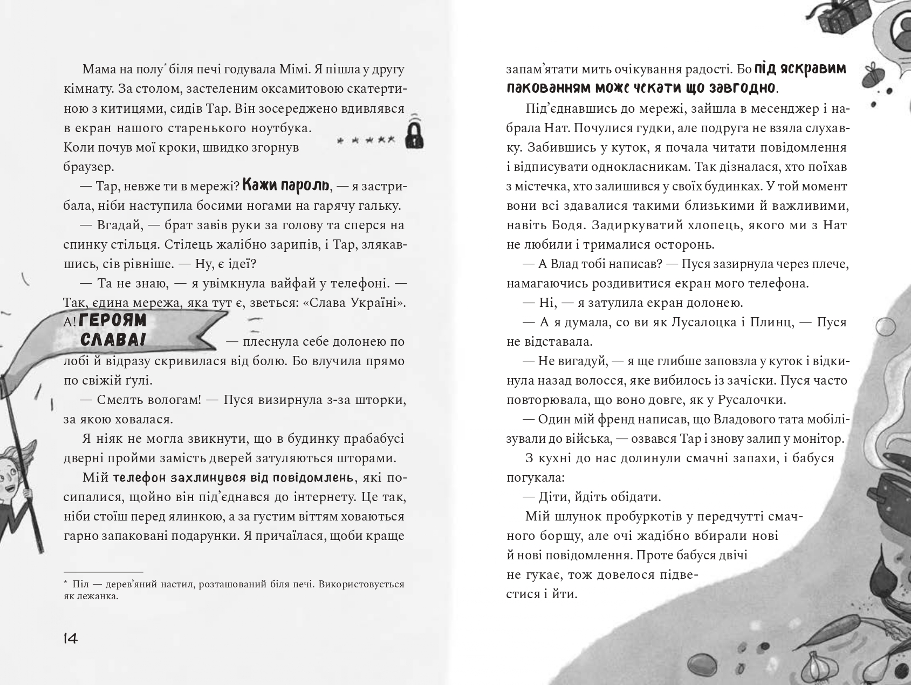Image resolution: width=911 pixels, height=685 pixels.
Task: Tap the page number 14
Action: coord(71,639)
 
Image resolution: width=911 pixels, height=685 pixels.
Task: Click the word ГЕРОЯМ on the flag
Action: coord(113,320)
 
